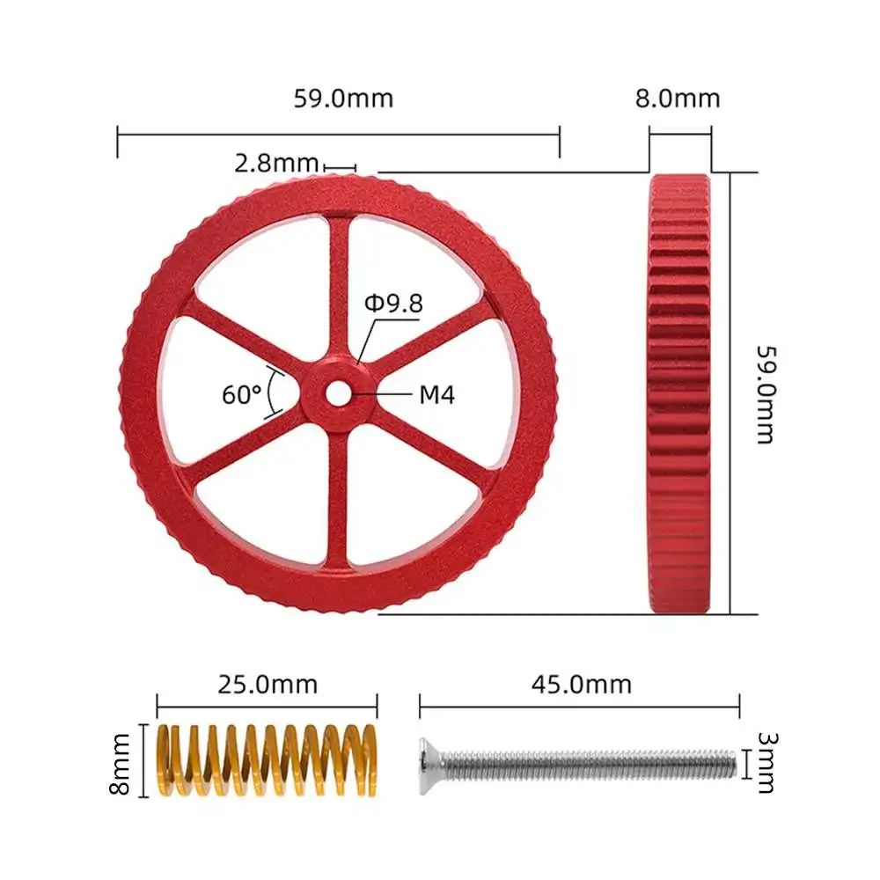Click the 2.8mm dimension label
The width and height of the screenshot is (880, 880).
pyautogui.click(x=276, y=164)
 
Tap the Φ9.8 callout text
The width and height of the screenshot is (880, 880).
pyautogui.click(x=393, y=304)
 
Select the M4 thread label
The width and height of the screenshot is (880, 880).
pyautogui.click(x=436, y=395)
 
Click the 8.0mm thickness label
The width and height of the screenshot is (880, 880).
pyautogui.click(x=678, y=98)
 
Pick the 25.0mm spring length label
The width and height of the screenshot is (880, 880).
pyautogui.click(x=268, y=684)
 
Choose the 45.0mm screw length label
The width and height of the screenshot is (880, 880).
pyautogui.click(x=582, y=684)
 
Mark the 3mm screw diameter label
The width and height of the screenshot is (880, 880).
pyautogui.click(x=765, y=762)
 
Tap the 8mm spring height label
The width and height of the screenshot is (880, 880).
pyautogui.click(x=122, y=762)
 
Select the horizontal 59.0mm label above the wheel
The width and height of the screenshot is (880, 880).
pyautogui.click(x=343, y=98)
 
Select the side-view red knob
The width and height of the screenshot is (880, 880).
pyautogui.click(x=679, y=392)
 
